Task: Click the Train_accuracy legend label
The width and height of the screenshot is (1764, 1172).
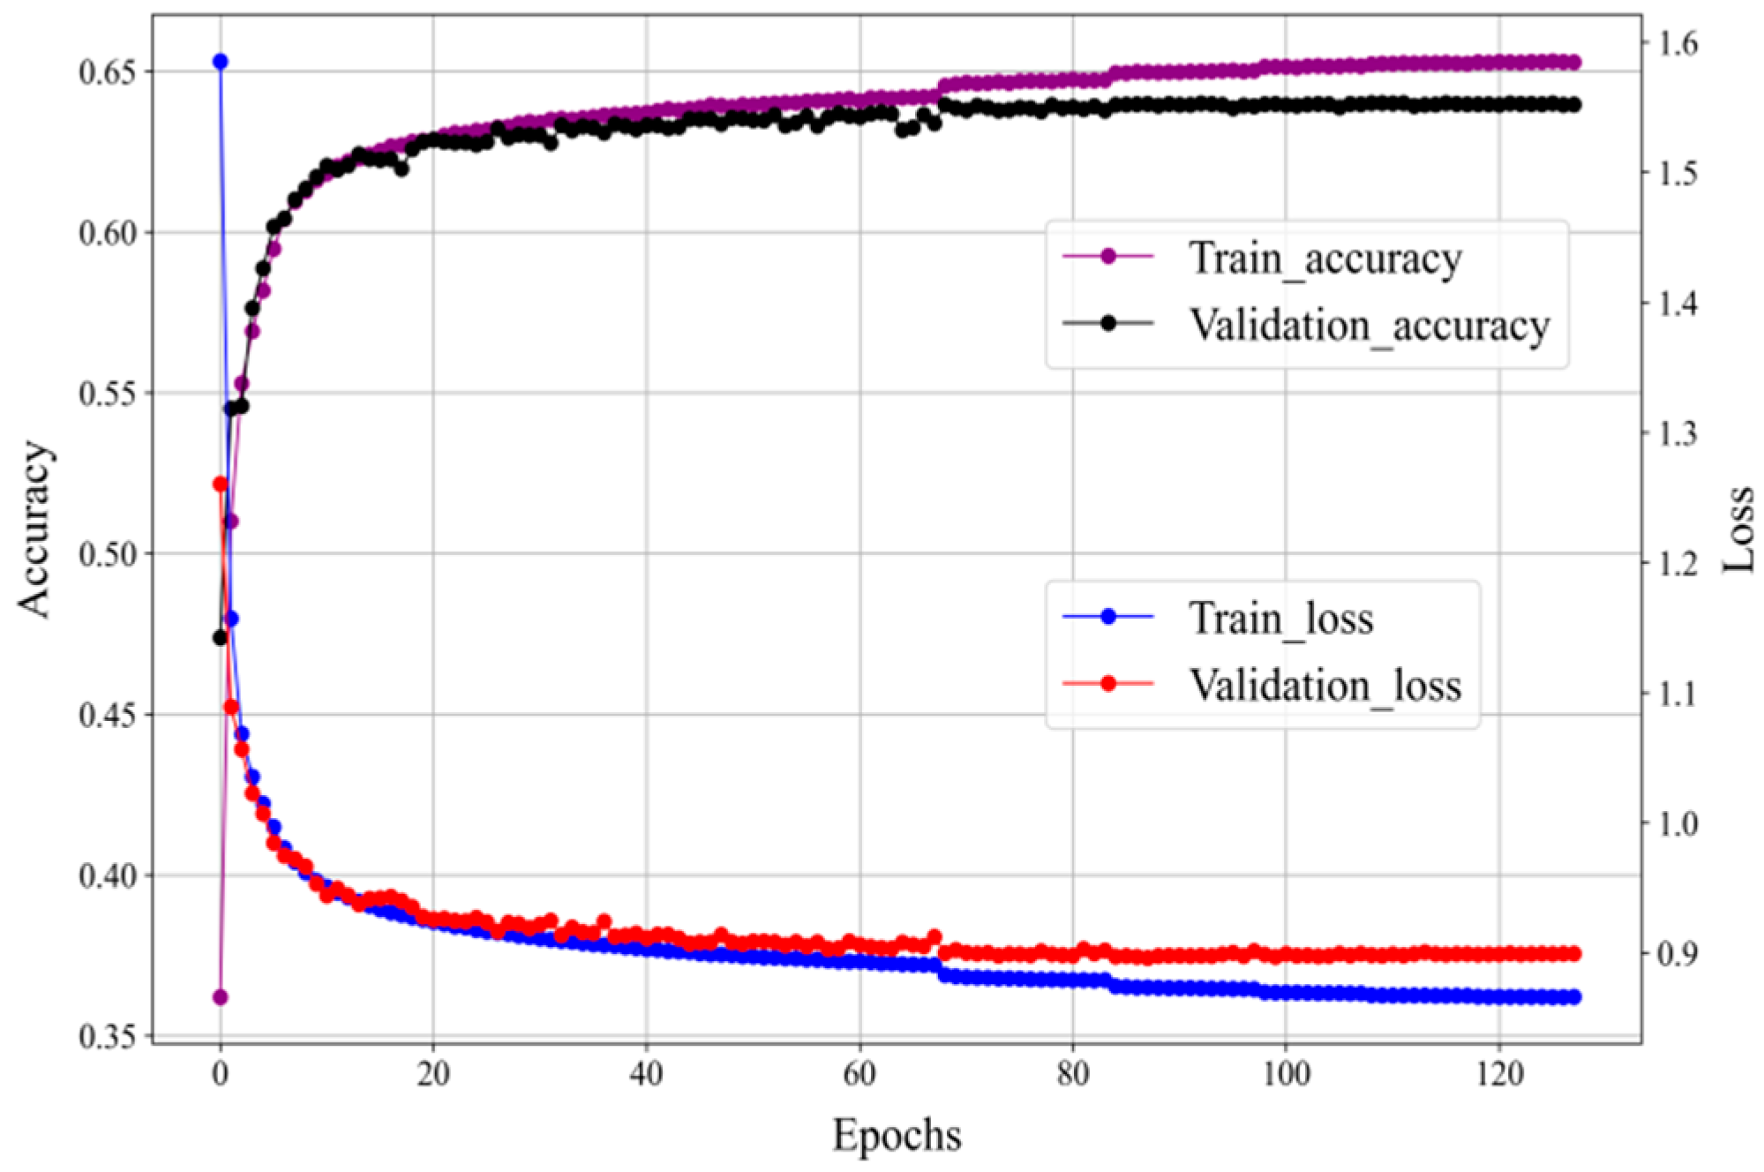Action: click(x=1325, y=259)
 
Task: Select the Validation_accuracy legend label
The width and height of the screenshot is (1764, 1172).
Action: click(x=1369, y=326)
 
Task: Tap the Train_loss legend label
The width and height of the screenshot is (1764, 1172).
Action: click(x=1280, y=619)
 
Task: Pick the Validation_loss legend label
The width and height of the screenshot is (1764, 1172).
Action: click(x=1325, y=686)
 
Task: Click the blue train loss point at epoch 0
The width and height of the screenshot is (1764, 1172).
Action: click(x=221, y=62)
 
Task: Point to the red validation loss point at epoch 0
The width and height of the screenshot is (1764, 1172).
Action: click(x=221, y=485)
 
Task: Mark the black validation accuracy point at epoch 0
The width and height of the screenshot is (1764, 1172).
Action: click(x=221, y=637)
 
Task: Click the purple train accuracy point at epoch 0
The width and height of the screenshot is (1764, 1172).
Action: click(x=221, y=997)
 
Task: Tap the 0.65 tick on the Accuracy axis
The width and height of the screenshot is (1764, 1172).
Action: click(x=108, y=72)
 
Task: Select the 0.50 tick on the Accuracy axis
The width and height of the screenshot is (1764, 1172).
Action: click(x=108, y=555)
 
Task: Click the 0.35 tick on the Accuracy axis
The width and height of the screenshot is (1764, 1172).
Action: click(x=108, y=1037)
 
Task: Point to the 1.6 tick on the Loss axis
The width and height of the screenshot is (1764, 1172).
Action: click(x=1674, y=43)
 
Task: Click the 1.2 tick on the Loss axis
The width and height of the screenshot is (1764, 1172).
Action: click(x=1674, y=563)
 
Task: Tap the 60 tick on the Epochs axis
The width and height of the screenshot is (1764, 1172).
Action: click(x=859, y=1075)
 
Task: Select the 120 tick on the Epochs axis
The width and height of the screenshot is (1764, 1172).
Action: click(x=1499, y=1075)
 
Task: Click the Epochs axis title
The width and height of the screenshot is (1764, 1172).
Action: click(x=897, y=1136)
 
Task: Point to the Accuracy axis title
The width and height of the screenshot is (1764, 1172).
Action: click(x=35, y=530)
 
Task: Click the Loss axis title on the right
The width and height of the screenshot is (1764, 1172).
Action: click(x=1738, y=530)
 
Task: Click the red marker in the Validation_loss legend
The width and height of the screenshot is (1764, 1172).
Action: click(x=1108, y=684)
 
